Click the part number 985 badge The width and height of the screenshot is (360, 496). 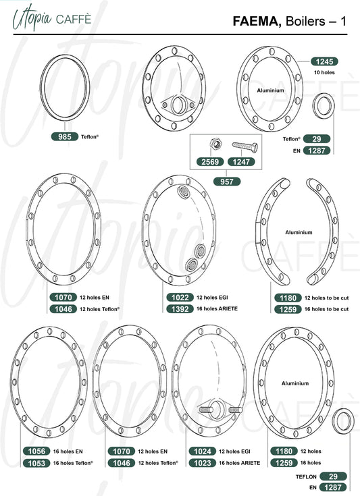click(65, 136)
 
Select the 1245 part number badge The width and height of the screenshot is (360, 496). click(324, 61)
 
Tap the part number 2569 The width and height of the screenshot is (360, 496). click(210, 162)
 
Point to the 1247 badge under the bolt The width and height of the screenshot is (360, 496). click(241, 162)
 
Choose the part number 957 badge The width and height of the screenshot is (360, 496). click(227, 182)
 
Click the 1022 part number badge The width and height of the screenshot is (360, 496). click(180, 298)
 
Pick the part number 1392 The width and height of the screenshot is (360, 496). click(180, 309)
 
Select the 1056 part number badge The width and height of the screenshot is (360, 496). click(36, 451)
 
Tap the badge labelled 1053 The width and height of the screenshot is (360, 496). click(36, 463)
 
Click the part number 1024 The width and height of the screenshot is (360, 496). click(203, 451)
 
